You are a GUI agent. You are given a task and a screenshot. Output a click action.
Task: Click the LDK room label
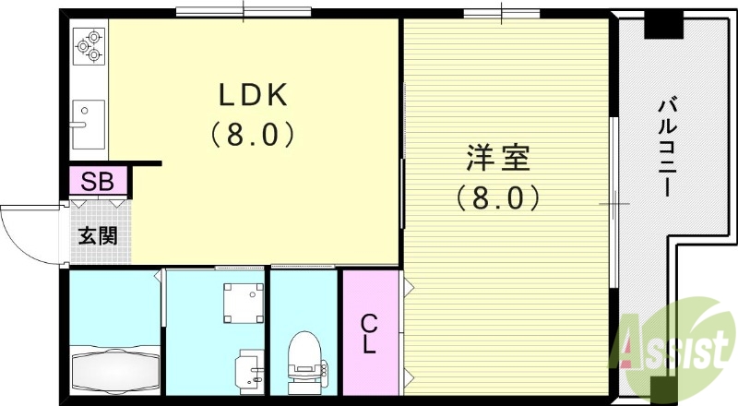coord(254,95)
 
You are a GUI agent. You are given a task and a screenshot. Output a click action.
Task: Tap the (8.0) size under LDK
coord(254,135)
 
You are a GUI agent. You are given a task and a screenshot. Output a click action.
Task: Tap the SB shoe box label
coord(97,181)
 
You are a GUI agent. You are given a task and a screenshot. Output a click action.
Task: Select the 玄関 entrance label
coord(97,234)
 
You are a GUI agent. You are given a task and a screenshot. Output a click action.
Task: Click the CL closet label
coord(368,334)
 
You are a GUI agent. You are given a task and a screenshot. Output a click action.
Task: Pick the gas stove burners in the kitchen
coord(89,45)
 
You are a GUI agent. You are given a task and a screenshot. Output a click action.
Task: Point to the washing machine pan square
coord(241,301)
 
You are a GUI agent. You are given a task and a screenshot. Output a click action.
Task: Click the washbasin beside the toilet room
coord(250,369)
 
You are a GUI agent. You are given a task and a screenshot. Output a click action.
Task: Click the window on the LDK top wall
coord(244,12)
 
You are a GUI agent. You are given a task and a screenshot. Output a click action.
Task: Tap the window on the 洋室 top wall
coord(501,12)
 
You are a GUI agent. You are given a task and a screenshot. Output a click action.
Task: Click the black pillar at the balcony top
coord(661,25)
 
